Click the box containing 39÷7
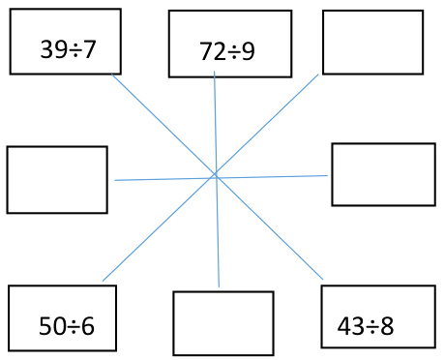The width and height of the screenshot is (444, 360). (65, 42)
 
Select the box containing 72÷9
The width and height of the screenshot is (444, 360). (229, 44)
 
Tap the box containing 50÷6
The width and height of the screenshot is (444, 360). (62, 318)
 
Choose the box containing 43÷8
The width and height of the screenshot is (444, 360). (377, 316)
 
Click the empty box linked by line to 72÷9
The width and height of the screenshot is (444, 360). (222, 323)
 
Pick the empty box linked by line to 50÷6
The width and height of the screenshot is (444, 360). (372, 42)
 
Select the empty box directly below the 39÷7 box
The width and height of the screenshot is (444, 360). (56, 179)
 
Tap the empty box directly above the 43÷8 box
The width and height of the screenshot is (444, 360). (382, 174)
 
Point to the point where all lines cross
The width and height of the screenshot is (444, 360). (215, 175)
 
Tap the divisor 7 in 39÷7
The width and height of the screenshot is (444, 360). (90, 48)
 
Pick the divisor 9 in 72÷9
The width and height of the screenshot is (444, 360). (249, 52)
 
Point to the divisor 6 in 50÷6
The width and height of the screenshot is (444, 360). (88, 326)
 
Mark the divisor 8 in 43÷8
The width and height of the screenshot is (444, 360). (388, 326)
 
